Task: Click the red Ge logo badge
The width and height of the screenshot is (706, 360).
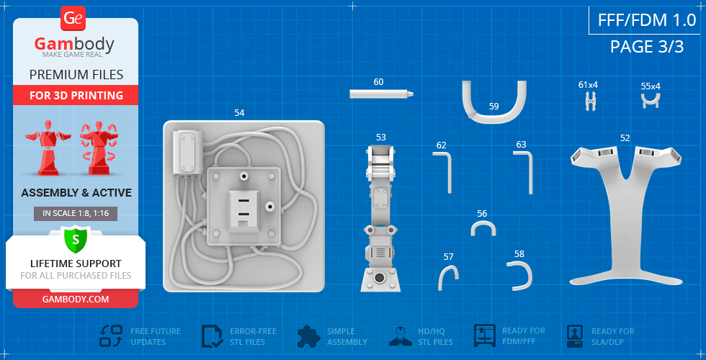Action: [x=73, y=18]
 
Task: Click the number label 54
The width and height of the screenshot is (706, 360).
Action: [x=239, y=113]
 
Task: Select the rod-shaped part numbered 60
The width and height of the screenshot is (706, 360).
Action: [x=381, y=94]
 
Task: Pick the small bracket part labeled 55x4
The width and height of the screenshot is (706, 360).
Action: [x=651, y=100]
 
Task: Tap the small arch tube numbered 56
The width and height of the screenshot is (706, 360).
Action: [x=483, y=222]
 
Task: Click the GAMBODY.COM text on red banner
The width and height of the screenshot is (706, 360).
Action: [x=75, y=299]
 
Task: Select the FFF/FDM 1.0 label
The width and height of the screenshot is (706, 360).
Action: [x=647, y=20]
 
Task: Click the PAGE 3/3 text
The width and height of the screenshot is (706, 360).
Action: [x=647, y=46]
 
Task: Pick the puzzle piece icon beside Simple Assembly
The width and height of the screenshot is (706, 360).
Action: [x=308, y=336]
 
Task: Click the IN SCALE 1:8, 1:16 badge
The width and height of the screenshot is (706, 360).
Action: [x=75, y=214]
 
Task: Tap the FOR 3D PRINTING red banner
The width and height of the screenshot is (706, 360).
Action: [x=76, y=95]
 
